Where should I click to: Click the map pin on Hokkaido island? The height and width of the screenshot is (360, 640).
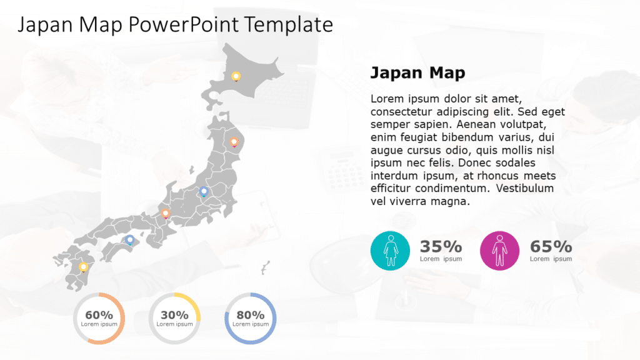tap(236, 76)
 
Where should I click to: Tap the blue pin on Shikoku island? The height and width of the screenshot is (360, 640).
tap(130, 240)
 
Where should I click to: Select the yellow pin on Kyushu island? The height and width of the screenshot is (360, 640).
tap(83, 267)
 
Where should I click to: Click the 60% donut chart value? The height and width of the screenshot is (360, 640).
tap(99, 315)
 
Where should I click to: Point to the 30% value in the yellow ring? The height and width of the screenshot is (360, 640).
tap(174, 315)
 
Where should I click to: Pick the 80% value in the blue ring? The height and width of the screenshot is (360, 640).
tap(250, 315)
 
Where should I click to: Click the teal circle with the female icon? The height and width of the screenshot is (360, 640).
tap(390, 251)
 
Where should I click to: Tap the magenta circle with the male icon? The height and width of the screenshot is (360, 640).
tap(499, 251)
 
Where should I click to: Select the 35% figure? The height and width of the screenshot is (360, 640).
tap(441, 246)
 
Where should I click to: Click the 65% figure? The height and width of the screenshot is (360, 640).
tap(551, 246)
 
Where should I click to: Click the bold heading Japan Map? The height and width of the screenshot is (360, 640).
tap(417, 73)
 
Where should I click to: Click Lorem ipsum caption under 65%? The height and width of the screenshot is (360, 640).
tap(551, 259)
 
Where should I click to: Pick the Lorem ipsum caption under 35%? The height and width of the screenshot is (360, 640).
tap(441, 259)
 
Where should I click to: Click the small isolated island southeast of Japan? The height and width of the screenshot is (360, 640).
tap(266, 267)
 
